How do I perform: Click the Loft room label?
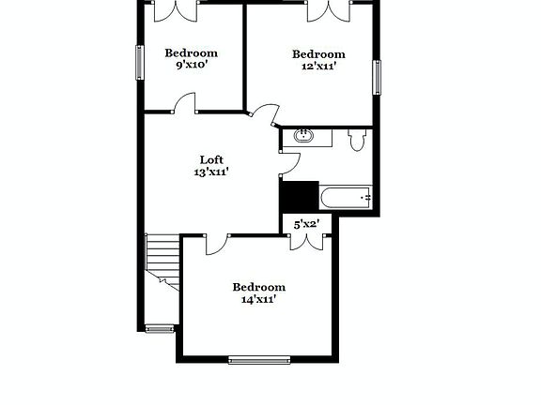pyautogui.click(x=211, y=159)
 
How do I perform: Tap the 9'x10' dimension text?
pyautogui.click(x=192, y=66)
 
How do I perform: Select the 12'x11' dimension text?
pyautogui.click(x=317, y=67)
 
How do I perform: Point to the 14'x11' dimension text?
pyautogui.click(x=258, y=300)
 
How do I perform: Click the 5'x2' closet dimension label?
pyautogui.click(x=307, y=224)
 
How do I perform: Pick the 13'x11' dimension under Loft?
pyautogui.click(x=211, y=172)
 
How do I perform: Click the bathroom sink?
pyautogui.click(x=305, y=137)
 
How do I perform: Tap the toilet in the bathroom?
pyautogui.click(x=356, y=141)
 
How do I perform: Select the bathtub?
pyautogui.click(x=347, y=198)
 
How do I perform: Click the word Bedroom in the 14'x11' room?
pyautogui.click(x=258, y=287)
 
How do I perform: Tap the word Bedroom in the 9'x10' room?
pyautogui.click(x=192, y=53)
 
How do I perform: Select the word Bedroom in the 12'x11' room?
pyautogui.click(x=317, y=54)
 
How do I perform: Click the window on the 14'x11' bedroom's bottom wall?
pyautogui.click(x=259, y=358)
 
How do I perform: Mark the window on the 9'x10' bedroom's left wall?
pyautogui.click(x=140, y=63)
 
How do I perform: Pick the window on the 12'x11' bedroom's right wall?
pyautogui.click(x=378, y=77)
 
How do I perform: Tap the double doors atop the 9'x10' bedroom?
pyautogui.click(x=175, y=11)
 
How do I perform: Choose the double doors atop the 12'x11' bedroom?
pyautogui.click(x=330, y=11)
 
